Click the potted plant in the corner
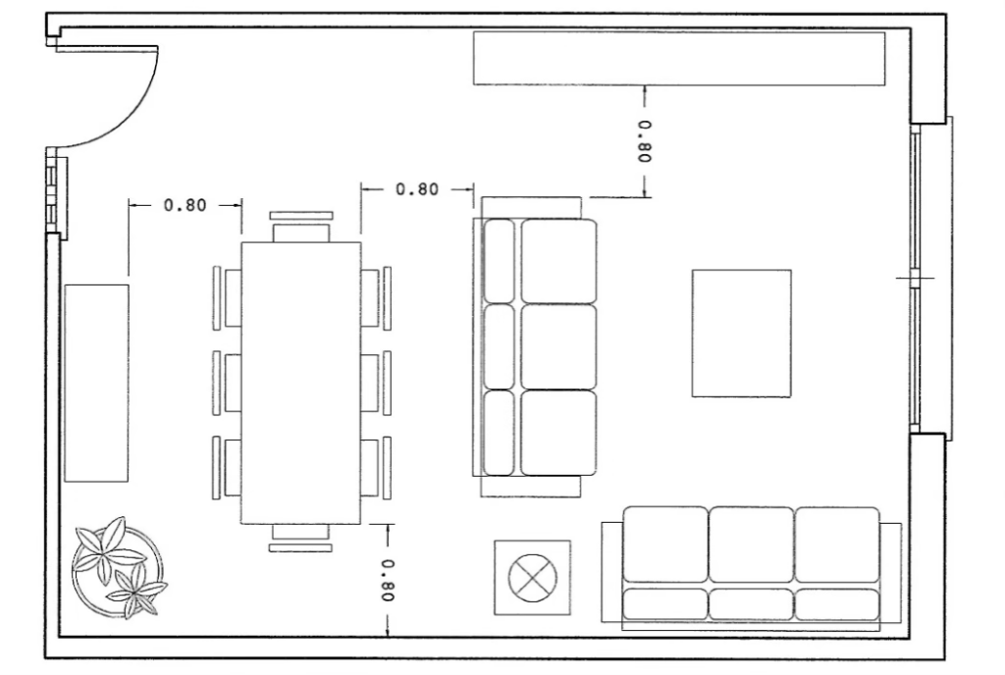(x=119, y=568)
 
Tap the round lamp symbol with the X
(x=532, y=578)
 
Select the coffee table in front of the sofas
(x=742, y=333)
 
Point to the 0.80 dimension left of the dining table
(x=185, y=205)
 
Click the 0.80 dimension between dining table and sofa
(x=417, y=189)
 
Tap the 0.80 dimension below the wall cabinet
(x=645, y=141)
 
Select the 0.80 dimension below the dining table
(x=389, y=580)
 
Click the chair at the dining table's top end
(x=301, y=227)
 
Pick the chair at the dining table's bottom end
(x=300, y=538)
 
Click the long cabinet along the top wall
(x=679, y=58)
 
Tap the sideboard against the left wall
(x=96, y=383)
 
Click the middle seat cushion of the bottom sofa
(x=751, y=545)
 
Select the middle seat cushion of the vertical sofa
(x=558, y=346)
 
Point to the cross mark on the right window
(x=915, y=279)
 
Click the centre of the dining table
(x=300, y=383)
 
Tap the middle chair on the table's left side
(x=227, y=383)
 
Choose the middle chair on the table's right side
(x=376, y=383)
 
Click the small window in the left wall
(x=56, y=192)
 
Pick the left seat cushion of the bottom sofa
(x=665, y=545)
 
